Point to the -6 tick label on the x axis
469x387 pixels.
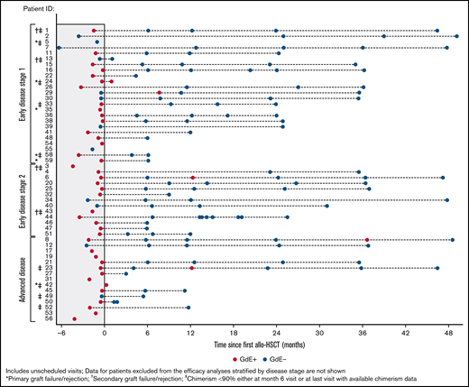(x=60, y=330)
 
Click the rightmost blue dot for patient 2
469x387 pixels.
(x=457, y=36)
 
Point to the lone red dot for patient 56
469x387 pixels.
(x=75, y=319)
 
